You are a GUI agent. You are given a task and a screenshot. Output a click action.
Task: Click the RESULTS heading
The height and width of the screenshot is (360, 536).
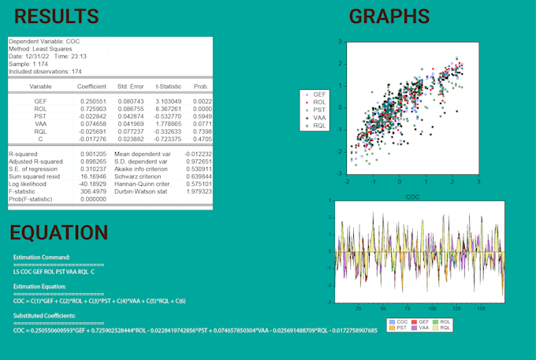click(x=57, y=17)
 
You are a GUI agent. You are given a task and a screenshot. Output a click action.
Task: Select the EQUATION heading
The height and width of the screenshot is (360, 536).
click(x=59, y=232)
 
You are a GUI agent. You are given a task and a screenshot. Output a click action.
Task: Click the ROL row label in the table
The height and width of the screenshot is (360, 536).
click(x=40, y=109)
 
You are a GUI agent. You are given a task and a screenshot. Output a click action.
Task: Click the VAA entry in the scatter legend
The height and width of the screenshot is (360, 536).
click(x=318, y=117)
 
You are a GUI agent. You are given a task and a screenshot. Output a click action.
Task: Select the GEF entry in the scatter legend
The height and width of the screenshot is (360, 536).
click(x=318, y=94)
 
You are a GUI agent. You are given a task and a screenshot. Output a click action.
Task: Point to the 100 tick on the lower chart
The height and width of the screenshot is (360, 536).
click(x=432, y=309)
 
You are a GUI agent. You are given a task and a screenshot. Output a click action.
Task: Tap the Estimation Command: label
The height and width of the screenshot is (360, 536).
click(x=42, y=257)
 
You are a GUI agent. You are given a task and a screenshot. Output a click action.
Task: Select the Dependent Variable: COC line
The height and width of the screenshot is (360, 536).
click(x=44, y=41)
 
